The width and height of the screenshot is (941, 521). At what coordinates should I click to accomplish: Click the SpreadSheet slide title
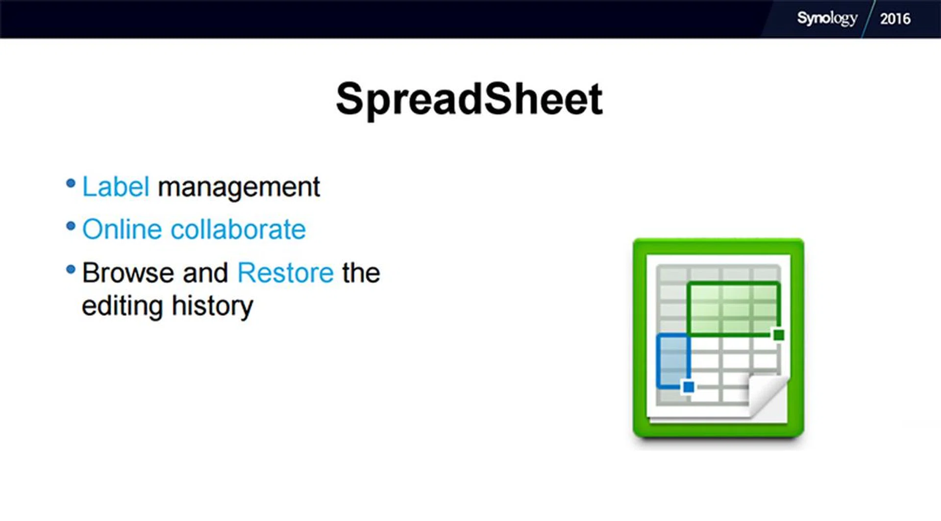click(469, 100)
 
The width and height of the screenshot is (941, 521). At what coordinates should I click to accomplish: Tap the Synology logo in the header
click(827, 19)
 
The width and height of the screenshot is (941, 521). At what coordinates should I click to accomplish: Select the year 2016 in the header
click(895, 19)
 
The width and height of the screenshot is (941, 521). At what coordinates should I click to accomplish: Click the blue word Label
click(116, 186)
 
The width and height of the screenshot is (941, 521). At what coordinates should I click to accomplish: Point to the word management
click(239, 188)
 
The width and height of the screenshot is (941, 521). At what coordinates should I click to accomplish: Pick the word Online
click(122, 229)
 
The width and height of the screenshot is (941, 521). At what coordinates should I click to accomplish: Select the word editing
click(122, 307)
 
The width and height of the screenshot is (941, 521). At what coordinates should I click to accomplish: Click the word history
click(212, 307)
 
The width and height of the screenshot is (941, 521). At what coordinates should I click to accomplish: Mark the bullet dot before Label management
click(71, 183)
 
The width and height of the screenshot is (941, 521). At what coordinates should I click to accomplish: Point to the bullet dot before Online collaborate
click(71, 226)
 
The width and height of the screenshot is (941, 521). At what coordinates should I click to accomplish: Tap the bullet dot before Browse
click(71, 269)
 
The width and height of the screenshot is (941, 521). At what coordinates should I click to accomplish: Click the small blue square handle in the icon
click(688, 387)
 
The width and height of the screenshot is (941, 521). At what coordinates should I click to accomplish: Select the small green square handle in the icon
click(778, 335)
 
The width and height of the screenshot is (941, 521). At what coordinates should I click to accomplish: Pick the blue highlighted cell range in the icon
click(673, 361)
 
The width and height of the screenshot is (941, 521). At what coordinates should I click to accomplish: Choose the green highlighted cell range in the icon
click(734, 309)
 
